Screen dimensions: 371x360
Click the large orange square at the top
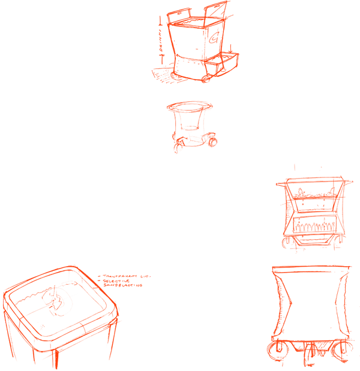point(193,41)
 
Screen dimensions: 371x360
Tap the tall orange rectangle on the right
point(314,208)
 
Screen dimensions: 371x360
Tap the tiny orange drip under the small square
point(176,152)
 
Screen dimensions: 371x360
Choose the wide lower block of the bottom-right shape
point(310,331)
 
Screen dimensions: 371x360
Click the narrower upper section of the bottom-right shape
point(311,281)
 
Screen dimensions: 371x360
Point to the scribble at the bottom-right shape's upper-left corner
point(275,270)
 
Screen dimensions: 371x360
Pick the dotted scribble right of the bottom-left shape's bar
point(147,277)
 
